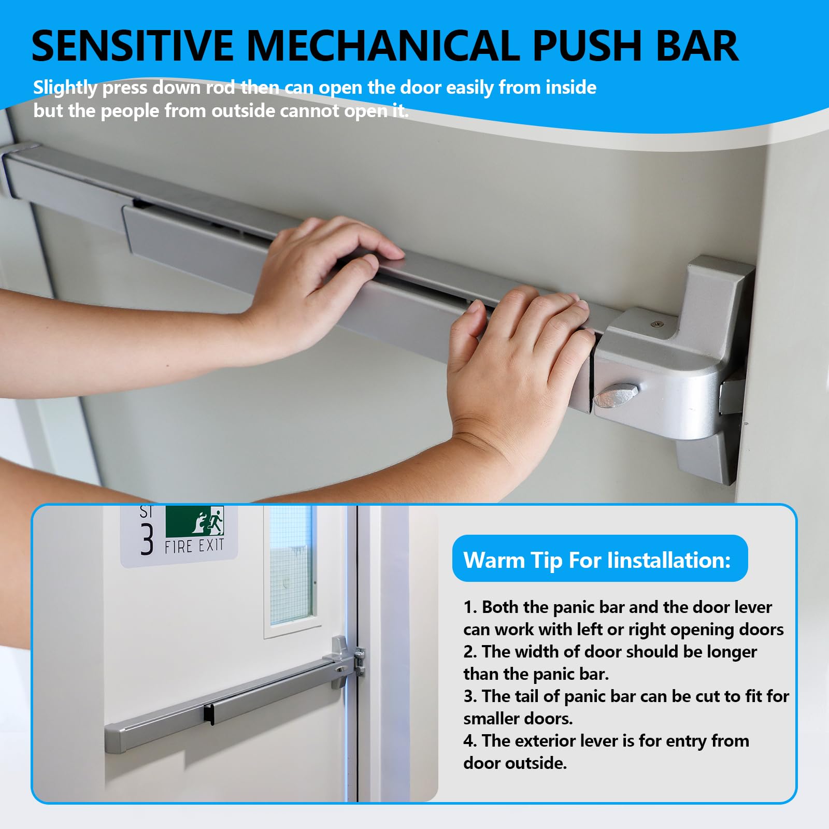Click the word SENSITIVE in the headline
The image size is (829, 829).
[133, 46]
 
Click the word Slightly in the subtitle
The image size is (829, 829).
[65, 88]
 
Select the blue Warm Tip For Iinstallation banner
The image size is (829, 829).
[600, 559]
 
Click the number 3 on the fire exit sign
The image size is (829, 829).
[148, 539]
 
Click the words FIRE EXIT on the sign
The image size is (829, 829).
[194, 546]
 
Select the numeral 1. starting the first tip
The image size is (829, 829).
[470, 607]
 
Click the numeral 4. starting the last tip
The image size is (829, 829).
[470, 741]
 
